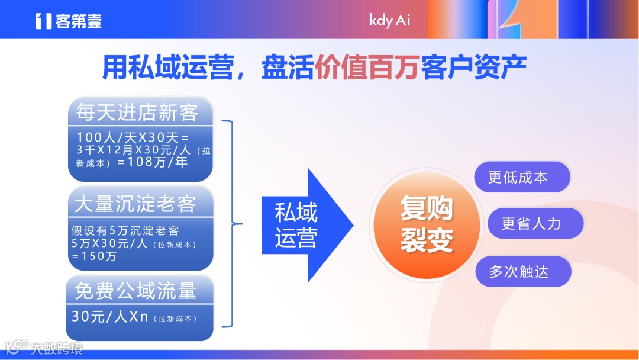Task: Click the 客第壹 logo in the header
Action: (x=68, y=21)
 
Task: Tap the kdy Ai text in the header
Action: (x=389, y=20)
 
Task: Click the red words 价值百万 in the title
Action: (x=367, y=69)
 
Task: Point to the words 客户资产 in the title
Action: (x=473, y=69)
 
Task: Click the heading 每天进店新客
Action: (x=137, y=112)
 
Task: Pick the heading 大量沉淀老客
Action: (x=135, y=204)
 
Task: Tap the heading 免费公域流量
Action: (x=135, y=291)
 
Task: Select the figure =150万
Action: (x=94, y=256)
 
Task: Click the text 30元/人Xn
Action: (x=110, y=317)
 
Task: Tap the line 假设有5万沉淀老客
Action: (x=125, y=231)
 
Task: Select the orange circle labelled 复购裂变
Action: (x=426, y=224)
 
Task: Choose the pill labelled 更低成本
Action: (x=522, y=177)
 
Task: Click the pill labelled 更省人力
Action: (x=535, y=223)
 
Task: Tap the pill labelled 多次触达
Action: (x=523, y=272)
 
